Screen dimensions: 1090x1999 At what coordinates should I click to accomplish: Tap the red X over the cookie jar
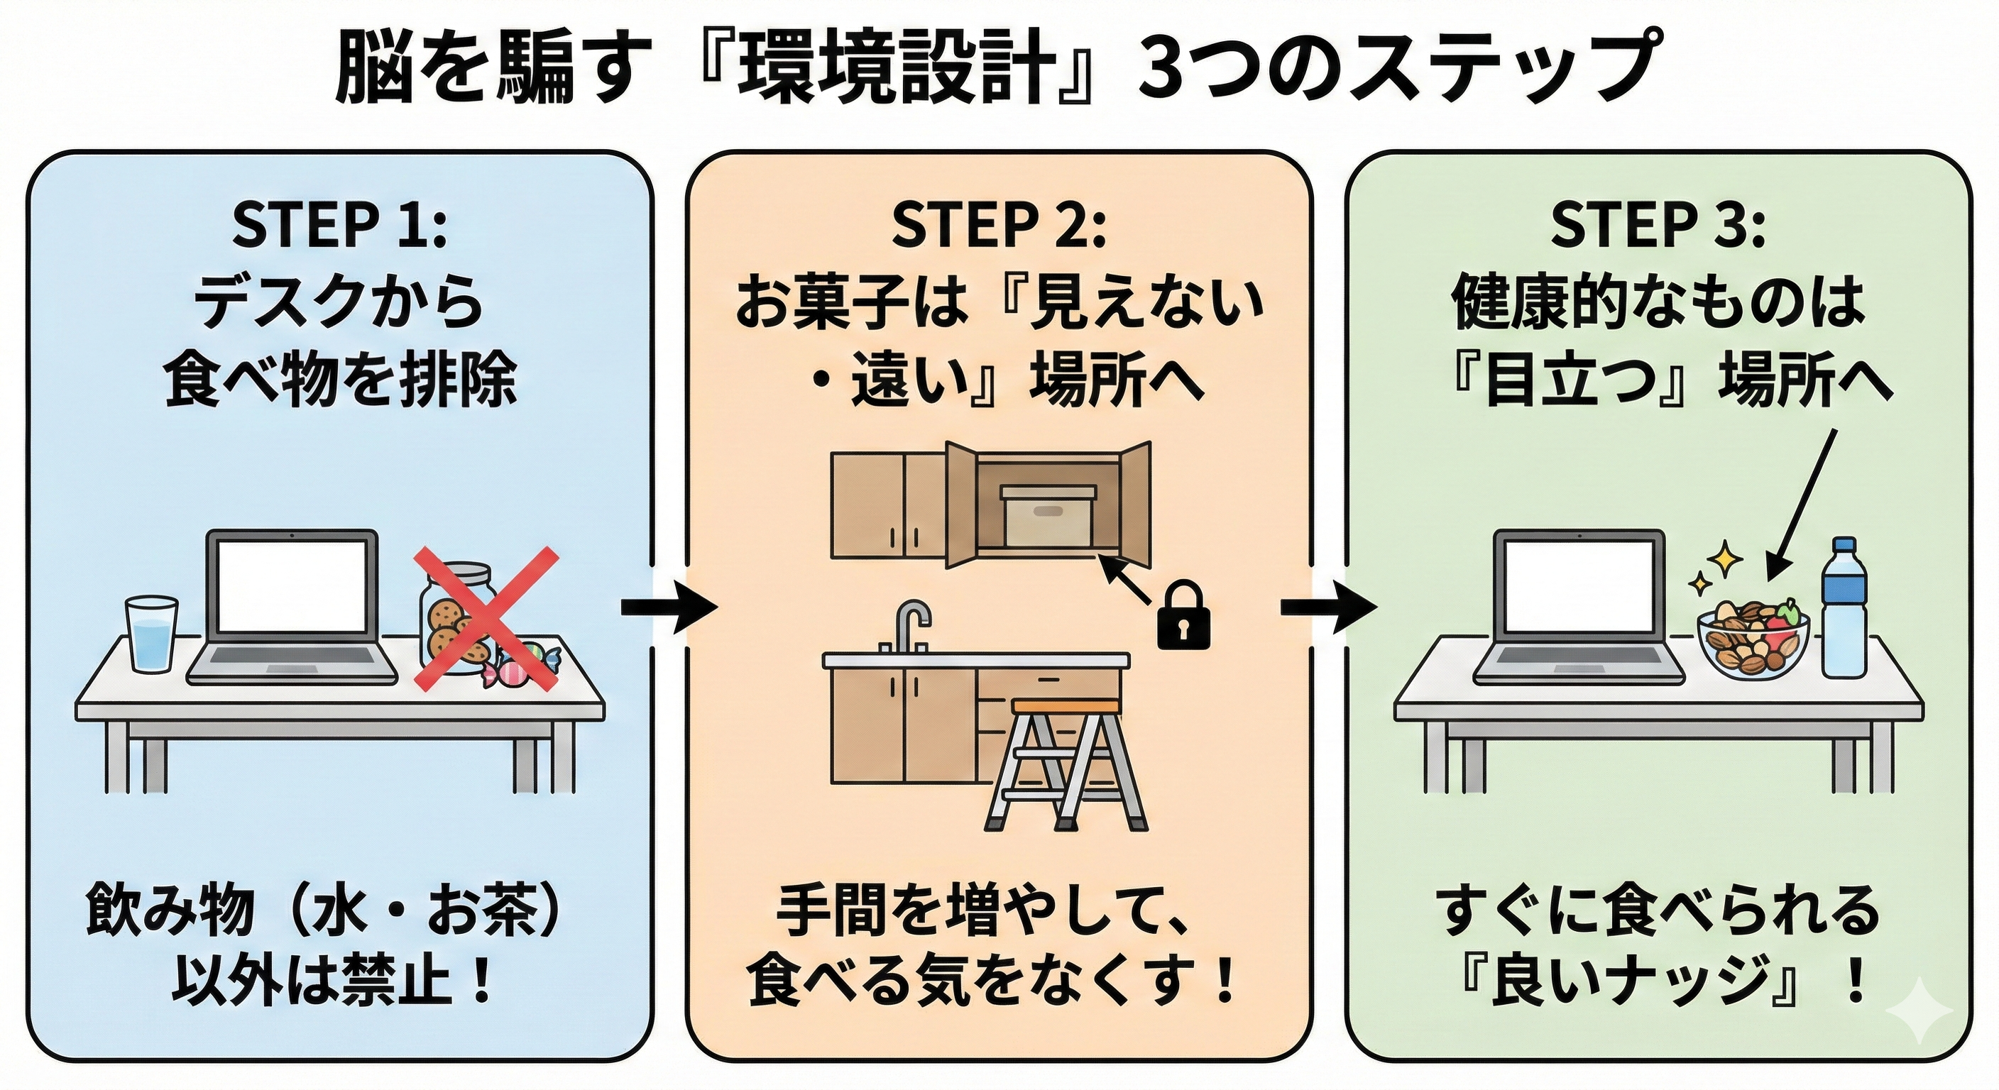click(485, 618)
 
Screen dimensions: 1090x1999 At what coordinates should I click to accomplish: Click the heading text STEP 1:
click(339, 226)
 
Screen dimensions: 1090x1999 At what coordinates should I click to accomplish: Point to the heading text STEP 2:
click(998, 226)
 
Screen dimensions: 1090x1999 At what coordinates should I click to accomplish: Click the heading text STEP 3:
click(1658, 226)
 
